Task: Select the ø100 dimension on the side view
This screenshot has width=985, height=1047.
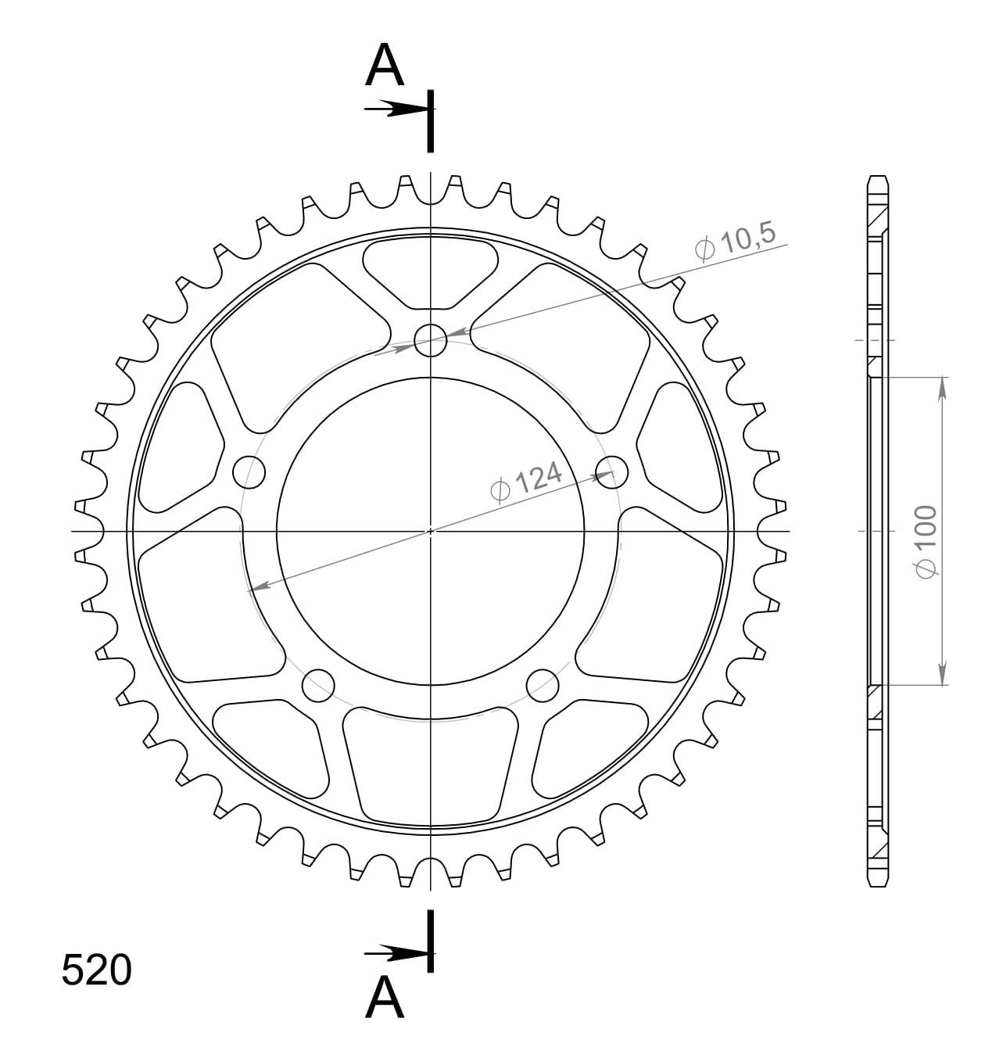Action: click(927, 541)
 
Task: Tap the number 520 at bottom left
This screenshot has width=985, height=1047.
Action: click(96, 970)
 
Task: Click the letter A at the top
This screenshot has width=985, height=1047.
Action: click(385, 66)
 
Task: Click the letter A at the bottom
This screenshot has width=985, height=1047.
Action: click(385, 998)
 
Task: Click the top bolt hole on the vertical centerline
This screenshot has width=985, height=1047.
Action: click(430, 340)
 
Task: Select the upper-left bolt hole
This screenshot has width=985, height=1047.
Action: click(249, 472)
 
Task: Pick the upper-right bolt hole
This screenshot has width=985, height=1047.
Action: click(611, 472)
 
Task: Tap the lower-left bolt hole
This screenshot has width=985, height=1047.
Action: click(318, 685)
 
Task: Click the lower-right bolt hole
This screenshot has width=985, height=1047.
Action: click(543, 685)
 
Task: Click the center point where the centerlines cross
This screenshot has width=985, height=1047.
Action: click(430, 531)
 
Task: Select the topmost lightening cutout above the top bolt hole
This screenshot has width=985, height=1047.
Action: click(430, 271)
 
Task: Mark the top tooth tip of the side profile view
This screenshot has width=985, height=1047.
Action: click(878, 177)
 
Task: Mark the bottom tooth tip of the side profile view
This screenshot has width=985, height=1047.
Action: click(878, 884)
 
